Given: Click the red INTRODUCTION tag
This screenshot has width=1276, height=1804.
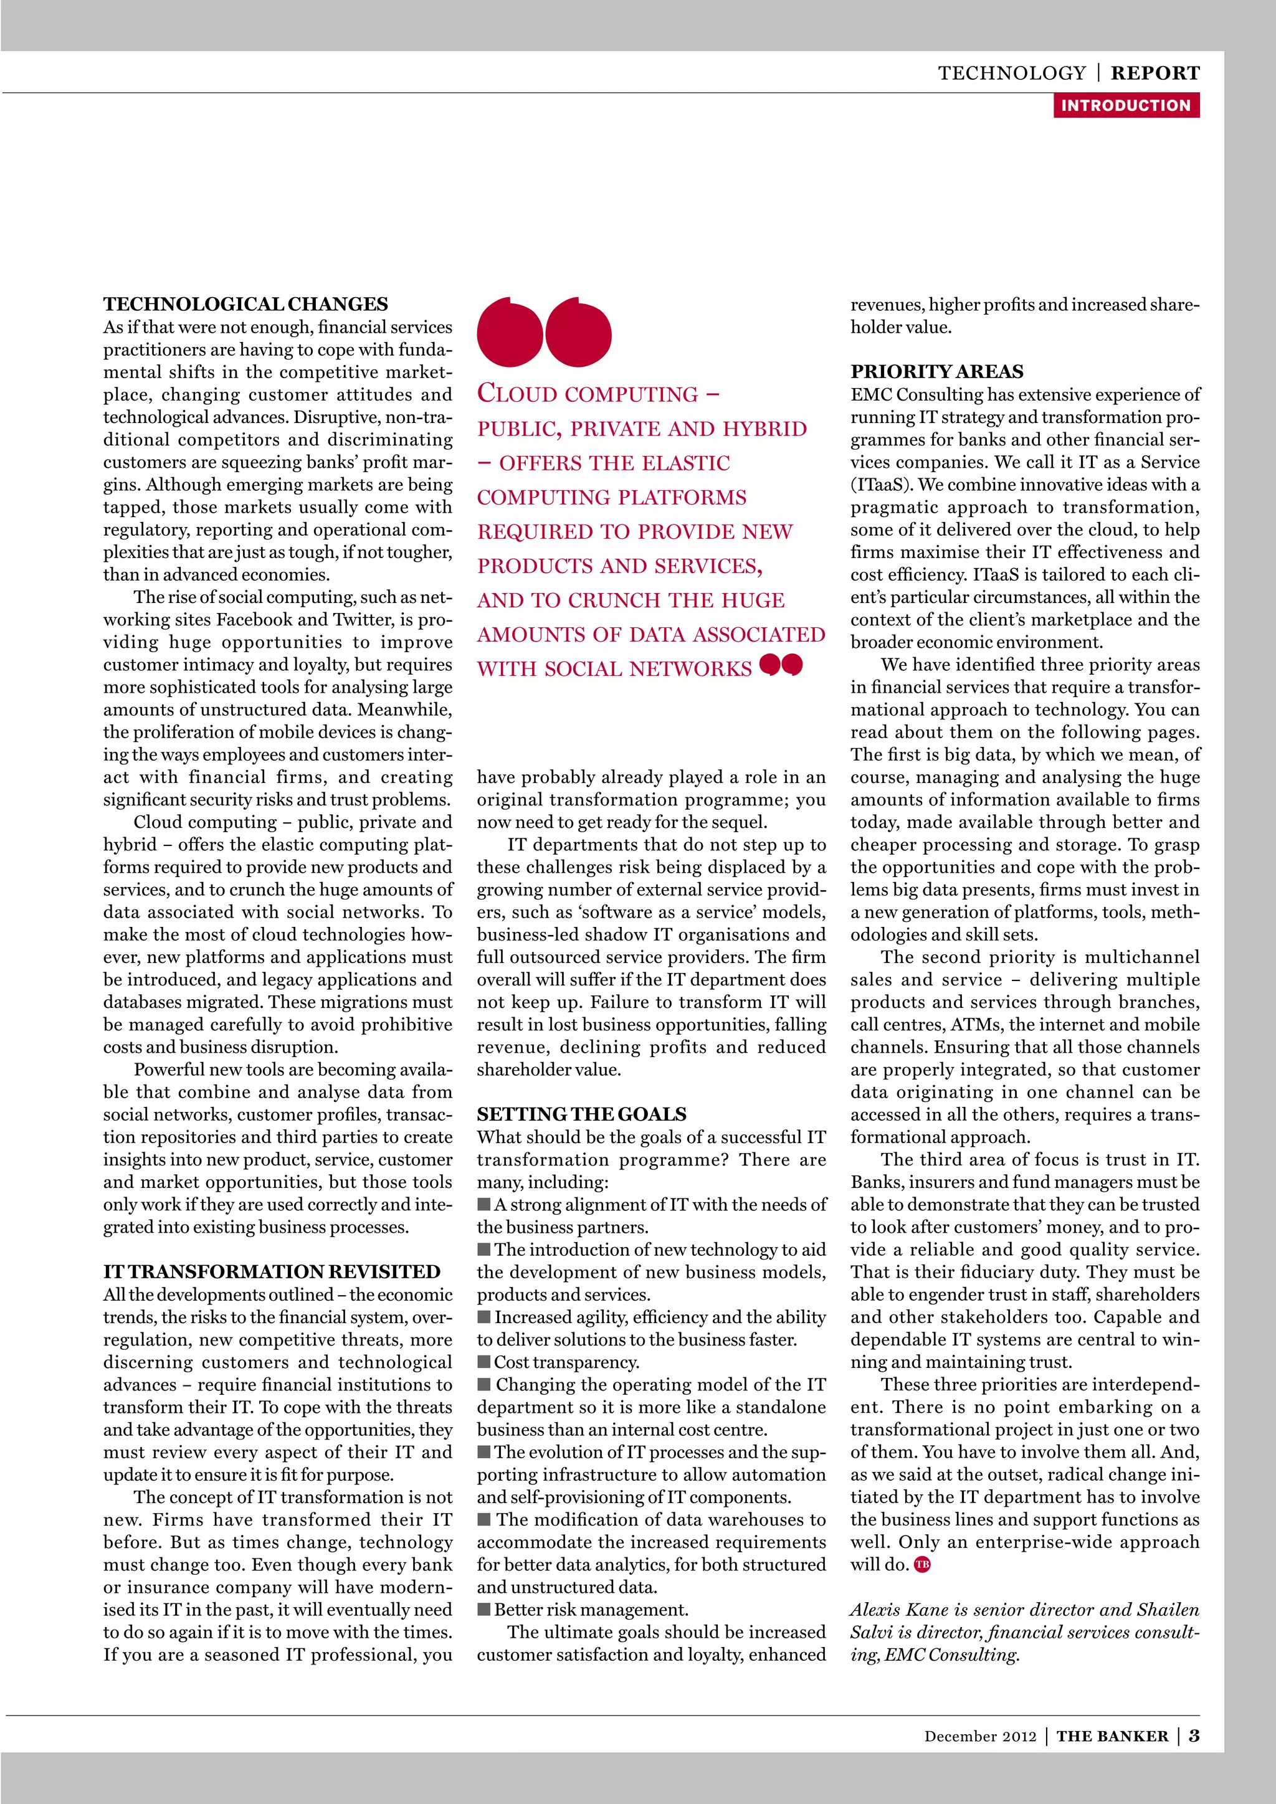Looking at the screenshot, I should [x=1125, y=105].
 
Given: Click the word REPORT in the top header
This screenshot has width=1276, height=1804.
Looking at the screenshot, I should [x=1155, y=73].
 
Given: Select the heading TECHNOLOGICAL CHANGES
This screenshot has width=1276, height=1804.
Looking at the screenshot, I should [x=245, y=304].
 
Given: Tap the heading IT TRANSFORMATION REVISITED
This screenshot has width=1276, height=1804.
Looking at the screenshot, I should [x=272, y=1272].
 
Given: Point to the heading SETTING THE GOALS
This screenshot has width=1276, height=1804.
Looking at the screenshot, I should [x=581, y=1114].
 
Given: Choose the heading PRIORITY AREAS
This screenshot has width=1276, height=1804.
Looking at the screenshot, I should [x=936, y=372].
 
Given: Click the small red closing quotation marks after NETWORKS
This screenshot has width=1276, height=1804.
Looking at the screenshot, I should [x=781, y=665].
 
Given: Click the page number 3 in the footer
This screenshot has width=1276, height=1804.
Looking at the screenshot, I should [x=1194, y=1735].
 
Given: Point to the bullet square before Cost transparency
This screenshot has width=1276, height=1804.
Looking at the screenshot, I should [x=484, y=1362].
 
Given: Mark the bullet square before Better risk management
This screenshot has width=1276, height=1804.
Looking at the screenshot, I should [x=484, y=1609].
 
